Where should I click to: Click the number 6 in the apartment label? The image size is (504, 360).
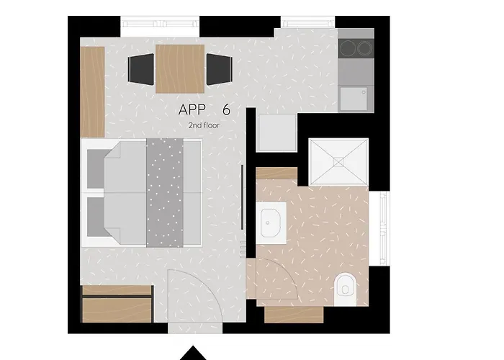pos(226,109)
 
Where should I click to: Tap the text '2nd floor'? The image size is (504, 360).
pos(204,125)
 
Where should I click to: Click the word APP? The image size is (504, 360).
pos(192,109)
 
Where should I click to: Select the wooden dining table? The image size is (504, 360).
pos(180,69)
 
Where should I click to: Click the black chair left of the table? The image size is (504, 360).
pos(141,69)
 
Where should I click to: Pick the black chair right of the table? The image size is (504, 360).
pos(219,69)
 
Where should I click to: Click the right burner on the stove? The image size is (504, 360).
pos(364,48)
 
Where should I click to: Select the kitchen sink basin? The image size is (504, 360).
pos(354,99)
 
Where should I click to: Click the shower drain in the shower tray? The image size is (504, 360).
pos(338,162)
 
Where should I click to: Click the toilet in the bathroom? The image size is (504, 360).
pos(345,289)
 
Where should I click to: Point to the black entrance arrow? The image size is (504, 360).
pos(193,353)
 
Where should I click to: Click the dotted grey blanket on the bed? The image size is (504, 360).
pos(165,193)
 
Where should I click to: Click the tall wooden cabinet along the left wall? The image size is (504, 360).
pos(93,92)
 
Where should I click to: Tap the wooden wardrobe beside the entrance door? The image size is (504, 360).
pos(117,304)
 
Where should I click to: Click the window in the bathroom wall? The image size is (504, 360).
pos(383,228)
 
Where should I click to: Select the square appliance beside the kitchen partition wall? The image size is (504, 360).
pos(276,132)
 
